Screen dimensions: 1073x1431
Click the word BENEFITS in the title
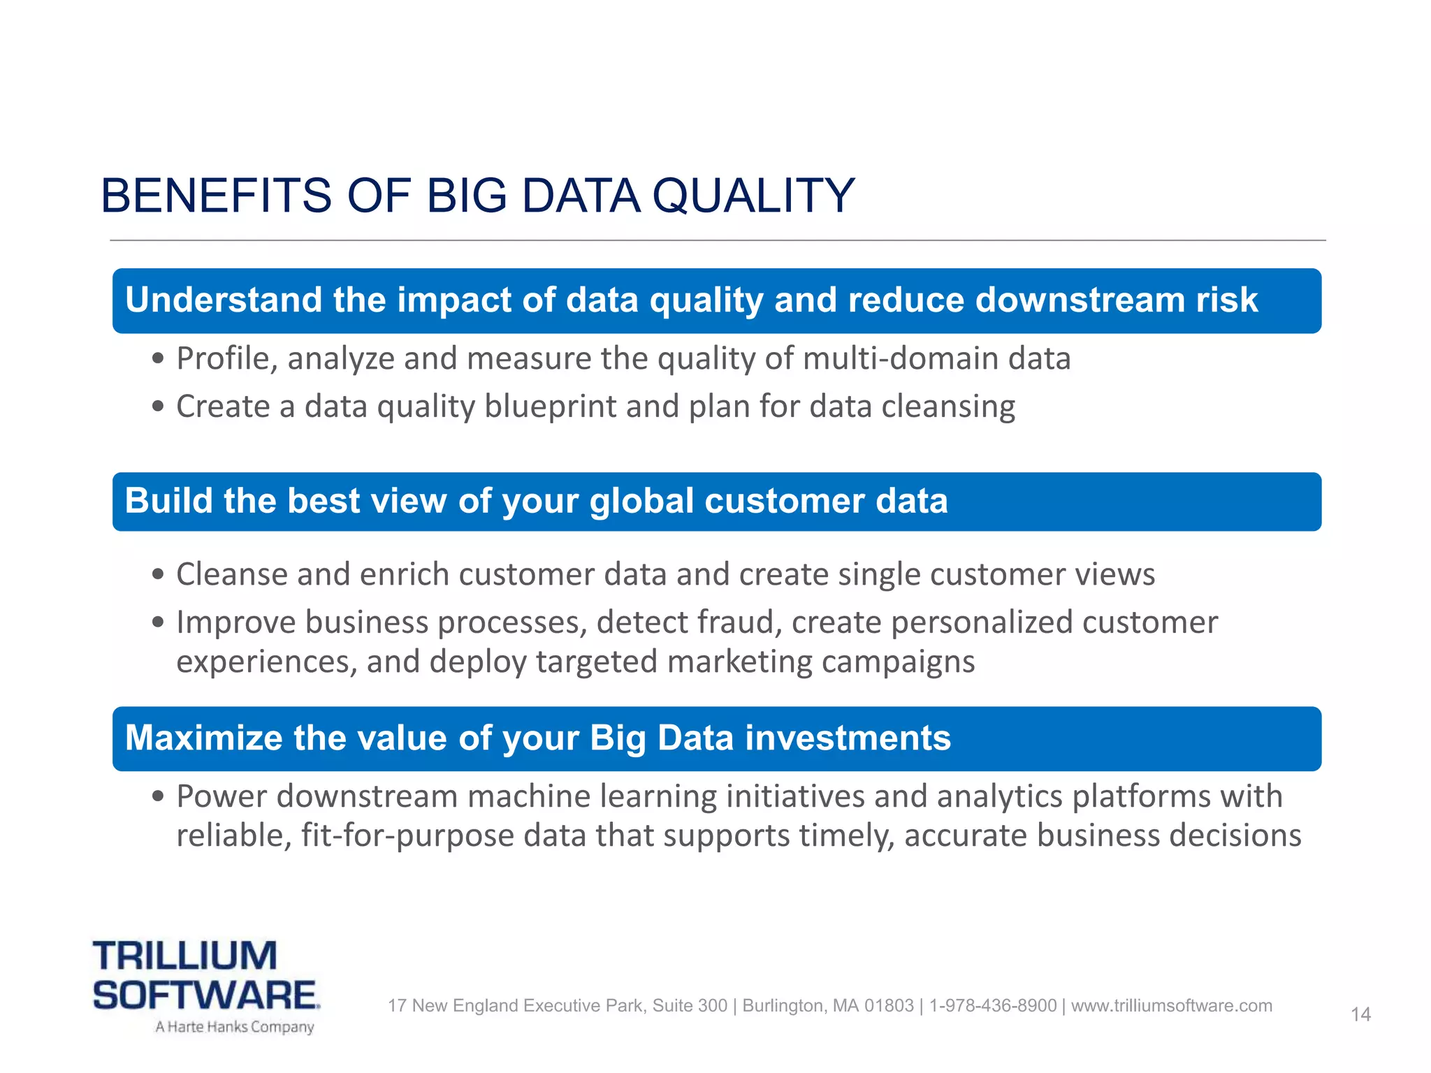216,196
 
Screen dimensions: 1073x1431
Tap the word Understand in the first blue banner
223,300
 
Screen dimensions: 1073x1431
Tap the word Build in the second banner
168,501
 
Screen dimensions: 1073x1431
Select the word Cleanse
231,575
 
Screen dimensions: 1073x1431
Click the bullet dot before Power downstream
159,796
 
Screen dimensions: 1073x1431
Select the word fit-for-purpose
407,836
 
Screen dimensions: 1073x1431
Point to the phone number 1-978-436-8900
992,1006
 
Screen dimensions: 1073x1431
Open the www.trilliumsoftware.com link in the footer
1171,1006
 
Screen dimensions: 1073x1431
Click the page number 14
1360,1014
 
